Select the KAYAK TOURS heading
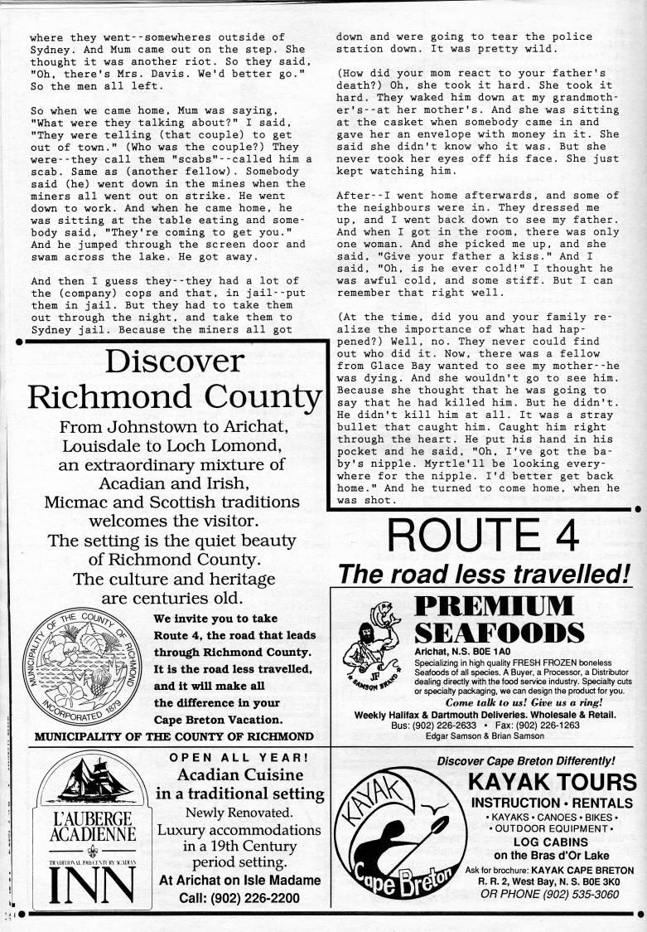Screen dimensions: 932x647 tap(552, 781)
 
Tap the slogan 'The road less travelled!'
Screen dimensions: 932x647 tap(484, 572)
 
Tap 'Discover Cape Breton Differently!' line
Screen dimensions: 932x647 tap(525, 760)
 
